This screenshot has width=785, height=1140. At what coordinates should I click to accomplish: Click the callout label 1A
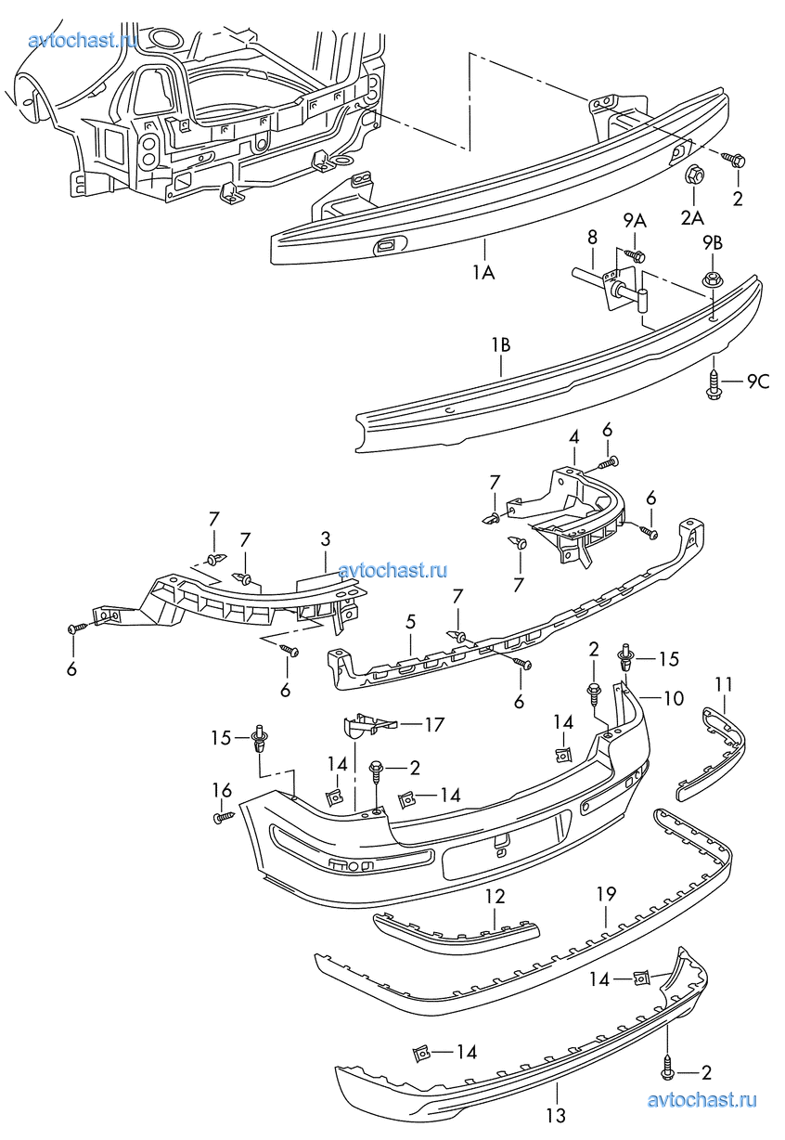(484, 272)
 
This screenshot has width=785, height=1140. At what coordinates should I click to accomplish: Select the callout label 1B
(501, 345)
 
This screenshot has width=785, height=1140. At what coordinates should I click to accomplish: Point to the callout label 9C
(758, 381)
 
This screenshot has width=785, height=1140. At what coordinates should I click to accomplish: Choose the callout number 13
(555, 1115)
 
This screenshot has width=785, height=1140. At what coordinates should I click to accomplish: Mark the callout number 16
(221, 790)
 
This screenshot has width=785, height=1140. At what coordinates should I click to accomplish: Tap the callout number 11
(724, 684)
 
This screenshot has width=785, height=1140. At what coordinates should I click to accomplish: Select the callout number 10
(673, 698)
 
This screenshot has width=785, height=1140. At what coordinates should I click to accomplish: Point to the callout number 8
(592, 238)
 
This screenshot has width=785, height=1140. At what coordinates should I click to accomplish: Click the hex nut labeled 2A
(693, 176)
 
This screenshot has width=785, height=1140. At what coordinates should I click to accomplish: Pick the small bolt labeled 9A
(637, 253)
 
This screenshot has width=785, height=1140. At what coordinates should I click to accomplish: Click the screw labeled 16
(222, 817)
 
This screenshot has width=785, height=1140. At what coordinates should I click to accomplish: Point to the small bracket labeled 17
(366, 723)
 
